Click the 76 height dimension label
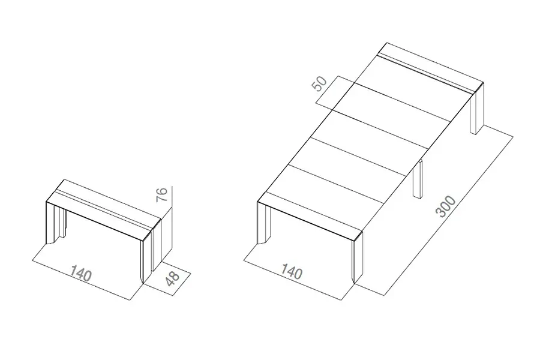162,194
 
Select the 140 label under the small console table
81,273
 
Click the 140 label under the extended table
292,271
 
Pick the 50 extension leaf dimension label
320,84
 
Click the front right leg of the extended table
357,259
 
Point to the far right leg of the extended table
477,108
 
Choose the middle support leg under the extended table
418,179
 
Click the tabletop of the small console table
103,209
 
